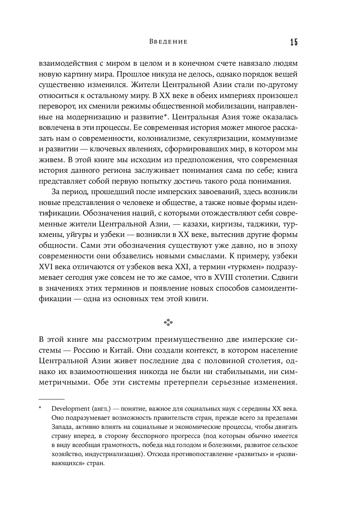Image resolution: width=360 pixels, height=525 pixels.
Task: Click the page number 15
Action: [294, 42]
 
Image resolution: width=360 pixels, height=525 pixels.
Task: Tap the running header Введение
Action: [168, 42]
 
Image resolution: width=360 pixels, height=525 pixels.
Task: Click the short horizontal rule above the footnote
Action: [51, 398]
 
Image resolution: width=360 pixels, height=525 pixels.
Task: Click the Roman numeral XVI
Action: [46, 267]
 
